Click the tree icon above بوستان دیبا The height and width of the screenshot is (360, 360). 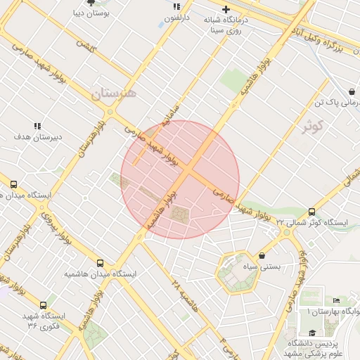tap(91, 3)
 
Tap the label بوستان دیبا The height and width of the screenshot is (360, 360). tap(90, 13)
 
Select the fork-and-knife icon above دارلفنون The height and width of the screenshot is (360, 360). tap(177, 6)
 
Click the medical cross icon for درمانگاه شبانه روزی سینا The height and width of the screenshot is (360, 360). tap(226, 9)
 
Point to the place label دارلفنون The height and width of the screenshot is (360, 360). tap(177, 17)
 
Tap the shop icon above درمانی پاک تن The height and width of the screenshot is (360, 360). tap(351, 92)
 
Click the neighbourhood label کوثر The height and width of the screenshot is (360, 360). tap(312, 127)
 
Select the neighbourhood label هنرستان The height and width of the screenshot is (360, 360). tap(117, 92)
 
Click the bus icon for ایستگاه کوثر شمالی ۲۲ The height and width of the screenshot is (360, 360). tap(311, 212)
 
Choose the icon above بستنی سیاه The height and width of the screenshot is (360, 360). tap(262, 255)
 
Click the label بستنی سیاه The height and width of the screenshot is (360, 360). tap(262, 267)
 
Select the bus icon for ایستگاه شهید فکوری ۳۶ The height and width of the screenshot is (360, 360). tap(44, 305)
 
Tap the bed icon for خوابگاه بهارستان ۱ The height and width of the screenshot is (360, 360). tap(335, 300)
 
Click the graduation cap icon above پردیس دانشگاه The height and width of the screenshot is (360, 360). tap(312, 333)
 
